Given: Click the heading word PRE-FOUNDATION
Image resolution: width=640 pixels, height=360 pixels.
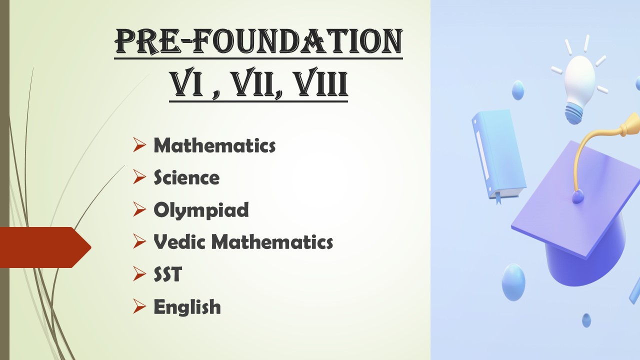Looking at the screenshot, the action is (258, 41).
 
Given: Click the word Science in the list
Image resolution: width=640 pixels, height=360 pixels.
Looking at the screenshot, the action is (186, 177).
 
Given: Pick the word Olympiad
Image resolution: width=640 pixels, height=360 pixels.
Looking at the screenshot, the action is (201, 210).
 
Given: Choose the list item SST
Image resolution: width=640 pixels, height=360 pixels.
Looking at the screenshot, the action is (167, 274).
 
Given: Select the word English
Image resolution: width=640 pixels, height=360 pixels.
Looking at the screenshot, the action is (187, 307).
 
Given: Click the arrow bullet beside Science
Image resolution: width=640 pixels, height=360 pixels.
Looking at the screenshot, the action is (139, 177).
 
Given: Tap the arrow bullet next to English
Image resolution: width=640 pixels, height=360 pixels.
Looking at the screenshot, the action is (139, 306).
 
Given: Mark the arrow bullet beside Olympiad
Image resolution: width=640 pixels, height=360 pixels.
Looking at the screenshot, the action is (139, 209).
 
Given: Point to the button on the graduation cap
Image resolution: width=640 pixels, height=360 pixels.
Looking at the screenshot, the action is (577, 197).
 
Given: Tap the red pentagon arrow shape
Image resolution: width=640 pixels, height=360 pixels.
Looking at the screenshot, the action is (45, 247).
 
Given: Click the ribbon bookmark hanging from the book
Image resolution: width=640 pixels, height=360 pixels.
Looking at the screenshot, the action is (498, 198).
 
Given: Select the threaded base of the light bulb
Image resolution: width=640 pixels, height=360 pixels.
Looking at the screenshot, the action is (574, 113).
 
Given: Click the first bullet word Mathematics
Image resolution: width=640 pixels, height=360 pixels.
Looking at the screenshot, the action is (214, 145).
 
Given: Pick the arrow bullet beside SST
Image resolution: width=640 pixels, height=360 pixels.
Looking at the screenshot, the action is (139, 273).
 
